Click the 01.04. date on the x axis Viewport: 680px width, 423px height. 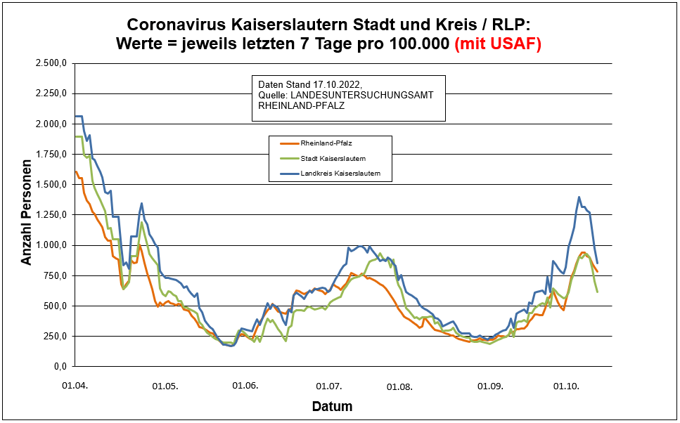pos(75,386)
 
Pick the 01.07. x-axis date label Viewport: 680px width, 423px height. pos(329,386)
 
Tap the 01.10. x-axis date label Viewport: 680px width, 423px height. pos(567,386)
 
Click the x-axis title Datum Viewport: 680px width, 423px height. pos(332,407)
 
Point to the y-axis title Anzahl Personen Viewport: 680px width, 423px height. pos(27,215)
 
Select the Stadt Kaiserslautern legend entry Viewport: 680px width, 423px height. pos(333,158)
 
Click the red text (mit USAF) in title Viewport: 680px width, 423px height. pos(498,44)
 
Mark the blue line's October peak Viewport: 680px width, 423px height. pos(579,197)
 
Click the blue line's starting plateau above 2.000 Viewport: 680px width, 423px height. pos(79,116)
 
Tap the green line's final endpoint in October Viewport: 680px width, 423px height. pos(597,292)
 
